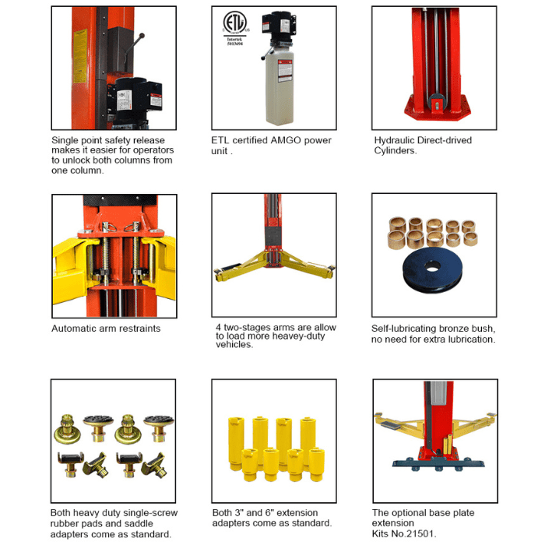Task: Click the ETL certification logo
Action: tap(235, 28)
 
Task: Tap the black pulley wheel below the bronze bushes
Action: tap(432, 270)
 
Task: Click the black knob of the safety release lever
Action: tap(142, 35)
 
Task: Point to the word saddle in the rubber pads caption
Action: tap(139, 523)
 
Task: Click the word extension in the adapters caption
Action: tap(297, 513)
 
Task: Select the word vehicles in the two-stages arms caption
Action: tap(233, 344)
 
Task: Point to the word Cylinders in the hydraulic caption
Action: tap(396, 151)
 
